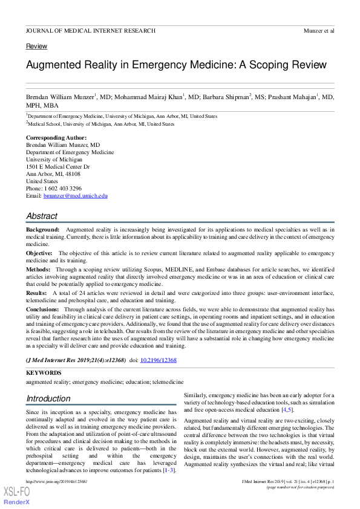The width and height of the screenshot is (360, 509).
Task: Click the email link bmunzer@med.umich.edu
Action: [75, 196]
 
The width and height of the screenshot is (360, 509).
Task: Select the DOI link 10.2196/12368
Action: [159, 360]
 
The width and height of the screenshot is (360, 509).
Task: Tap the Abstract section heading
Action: [42, 216]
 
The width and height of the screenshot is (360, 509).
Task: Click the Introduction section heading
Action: [48, 399]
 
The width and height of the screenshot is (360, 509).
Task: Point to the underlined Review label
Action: [37, 47]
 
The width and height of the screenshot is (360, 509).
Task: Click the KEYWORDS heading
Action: [44, 373]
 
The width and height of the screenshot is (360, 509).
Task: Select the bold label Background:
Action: [43, 230]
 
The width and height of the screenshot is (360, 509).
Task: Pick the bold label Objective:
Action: [39, 253]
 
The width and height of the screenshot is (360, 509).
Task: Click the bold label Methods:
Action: [38, 268]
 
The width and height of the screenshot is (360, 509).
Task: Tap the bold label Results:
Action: [36, 292]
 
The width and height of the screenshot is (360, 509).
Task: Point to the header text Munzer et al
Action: [318, 30]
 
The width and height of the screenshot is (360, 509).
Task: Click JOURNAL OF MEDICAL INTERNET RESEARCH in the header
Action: [91, 30]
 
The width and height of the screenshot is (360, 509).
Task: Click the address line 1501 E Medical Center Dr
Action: [57, 166]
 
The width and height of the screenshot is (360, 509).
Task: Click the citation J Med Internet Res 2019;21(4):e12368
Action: [76, 360]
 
